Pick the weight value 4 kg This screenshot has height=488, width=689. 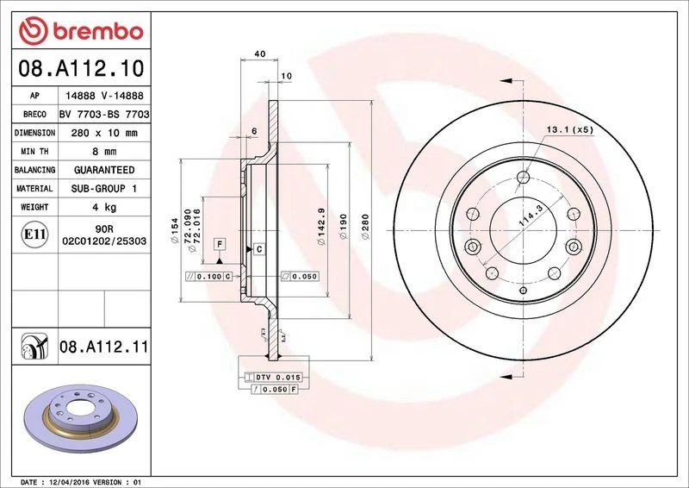coord(104,207)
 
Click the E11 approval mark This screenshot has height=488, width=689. coord(34,234)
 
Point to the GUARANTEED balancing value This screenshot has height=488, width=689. coord(104,170)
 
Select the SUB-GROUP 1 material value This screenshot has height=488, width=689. coord(104,188)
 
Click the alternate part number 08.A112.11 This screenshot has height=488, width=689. coord(104,347)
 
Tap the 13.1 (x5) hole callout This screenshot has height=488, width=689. coord(569,129)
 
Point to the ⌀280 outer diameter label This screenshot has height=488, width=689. coord(365,229)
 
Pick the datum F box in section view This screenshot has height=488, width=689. coord(220,244)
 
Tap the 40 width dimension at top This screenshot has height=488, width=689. coord(259,54)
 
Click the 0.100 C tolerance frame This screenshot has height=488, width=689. coord(206,276)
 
